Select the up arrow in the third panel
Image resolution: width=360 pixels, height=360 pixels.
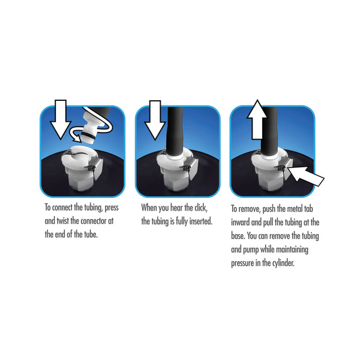pos(257,119)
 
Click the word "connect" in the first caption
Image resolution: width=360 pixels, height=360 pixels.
pos(62,208)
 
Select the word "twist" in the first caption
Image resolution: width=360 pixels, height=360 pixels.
pos(62,221)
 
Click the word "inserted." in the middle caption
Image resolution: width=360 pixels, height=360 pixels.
pos(200,221)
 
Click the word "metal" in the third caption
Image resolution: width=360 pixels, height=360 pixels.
pos(295,208)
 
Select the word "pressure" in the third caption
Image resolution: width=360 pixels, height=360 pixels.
pos(242,263)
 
